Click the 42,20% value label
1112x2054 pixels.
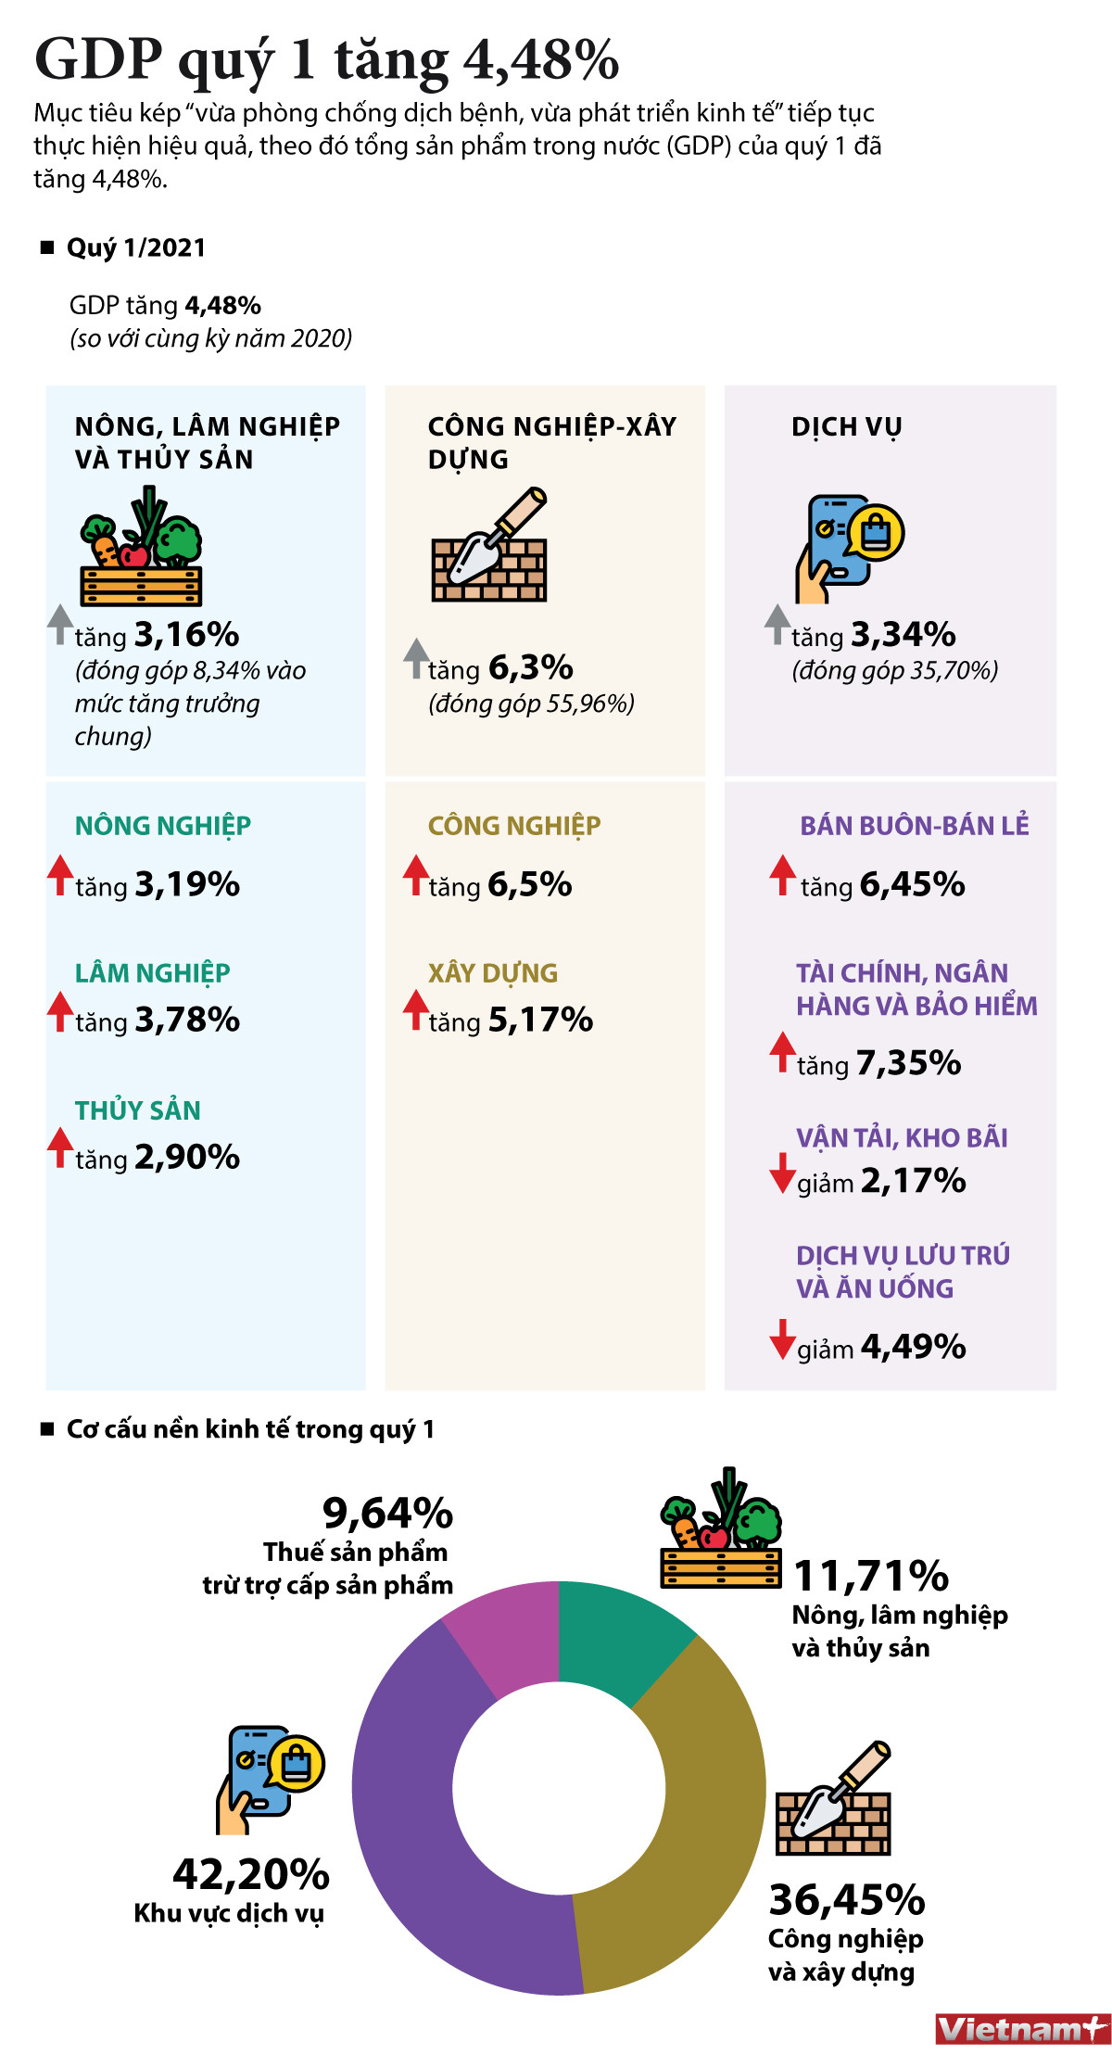click(x=251, y=1874)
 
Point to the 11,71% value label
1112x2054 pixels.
click(x=871, y=1575)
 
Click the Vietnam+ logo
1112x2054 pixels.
click(x=1022, y=2029)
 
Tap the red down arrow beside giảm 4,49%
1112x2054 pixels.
click(x=782, y=1340)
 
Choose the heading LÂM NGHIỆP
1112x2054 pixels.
click(x=153, y=973)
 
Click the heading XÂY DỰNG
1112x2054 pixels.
click(x=493, y=973)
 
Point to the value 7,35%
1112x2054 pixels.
click(x=908, y=1063)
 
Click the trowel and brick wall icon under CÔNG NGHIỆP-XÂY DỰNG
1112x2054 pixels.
click(x=489, y=547)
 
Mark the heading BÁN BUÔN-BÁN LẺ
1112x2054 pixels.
click(x=915, y=825)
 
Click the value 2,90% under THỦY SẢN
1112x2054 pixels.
click(x=187, y=1157)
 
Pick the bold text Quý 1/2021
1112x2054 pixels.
click(x=136, y=247)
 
